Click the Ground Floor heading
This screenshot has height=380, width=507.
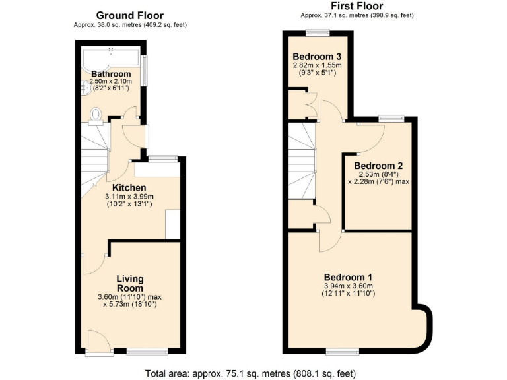pyautogui.click(x=130, y=15)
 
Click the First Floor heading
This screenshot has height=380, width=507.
pyautogui.click(x=356, y=7)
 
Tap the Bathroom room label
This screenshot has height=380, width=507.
pyautogui.click(x=111, y=73)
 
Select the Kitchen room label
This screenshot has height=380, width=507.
pyautogui.click(x=129, y=188)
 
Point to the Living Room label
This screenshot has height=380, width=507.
pyautogui.click(x=130, y=284)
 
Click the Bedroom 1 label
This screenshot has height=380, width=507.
pyautogui.click(x=348, y=277)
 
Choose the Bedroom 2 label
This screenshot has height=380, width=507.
pyautogui.click(x=378, y=166)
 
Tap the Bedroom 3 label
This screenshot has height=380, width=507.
pyautogui.click(x=318, y=56)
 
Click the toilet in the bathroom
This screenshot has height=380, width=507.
pyautogui.click(x=95, y=115)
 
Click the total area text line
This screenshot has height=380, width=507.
pyautogui.click(x=253, y=373)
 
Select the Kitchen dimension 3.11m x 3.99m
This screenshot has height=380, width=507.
pyautogui.click(x=129, y=197)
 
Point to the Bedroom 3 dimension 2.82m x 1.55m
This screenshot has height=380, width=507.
pyautogui.click(x=318, y=65)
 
